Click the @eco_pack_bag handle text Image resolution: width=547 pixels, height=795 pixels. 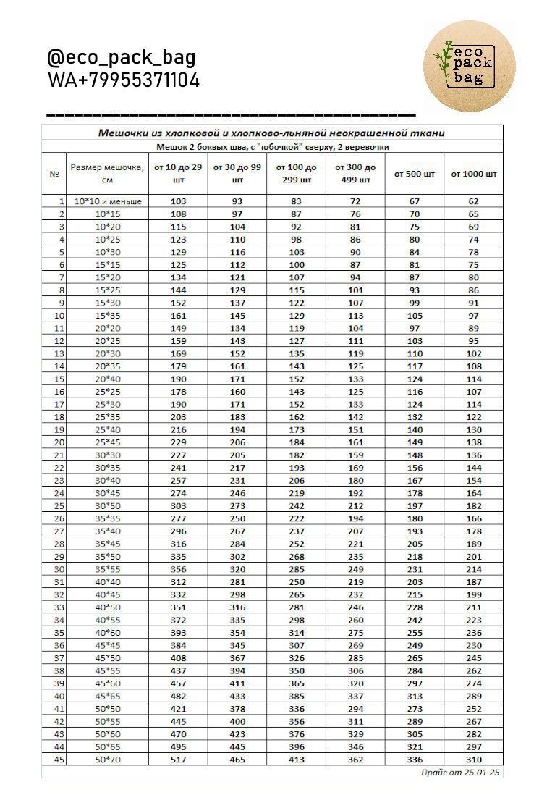coord(122,58)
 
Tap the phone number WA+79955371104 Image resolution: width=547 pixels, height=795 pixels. coord(124,80)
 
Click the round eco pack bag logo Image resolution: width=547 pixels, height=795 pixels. coord(469,66)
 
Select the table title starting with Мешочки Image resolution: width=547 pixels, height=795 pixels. coord(271,132)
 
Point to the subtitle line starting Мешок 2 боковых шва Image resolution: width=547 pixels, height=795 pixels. coord(273,146)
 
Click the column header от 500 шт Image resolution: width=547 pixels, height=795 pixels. coord(415,174)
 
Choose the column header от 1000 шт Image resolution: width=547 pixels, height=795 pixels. coord(474,174)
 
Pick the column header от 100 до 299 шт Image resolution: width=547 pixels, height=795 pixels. coord(296,174)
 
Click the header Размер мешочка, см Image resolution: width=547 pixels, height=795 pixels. coord(107,174)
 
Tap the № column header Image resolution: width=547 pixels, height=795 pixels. coord(54,174)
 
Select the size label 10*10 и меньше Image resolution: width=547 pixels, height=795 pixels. coord(107,201)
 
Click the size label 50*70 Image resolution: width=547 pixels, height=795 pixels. coord(107,759)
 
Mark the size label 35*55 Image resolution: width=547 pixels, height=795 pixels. coord(107,569)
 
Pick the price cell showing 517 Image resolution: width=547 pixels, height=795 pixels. coord(178,759)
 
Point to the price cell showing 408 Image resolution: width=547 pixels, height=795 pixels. coord(178,657)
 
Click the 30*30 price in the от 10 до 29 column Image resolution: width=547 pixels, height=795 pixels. coord(178,455)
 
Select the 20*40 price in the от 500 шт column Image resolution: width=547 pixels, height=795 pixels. coord(415,379)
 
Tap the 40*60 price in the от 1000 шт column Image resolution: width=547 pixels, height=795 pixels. coord(474,632)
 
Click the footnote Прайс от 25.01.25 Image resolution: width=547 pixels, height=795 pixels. coord(461,773)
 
